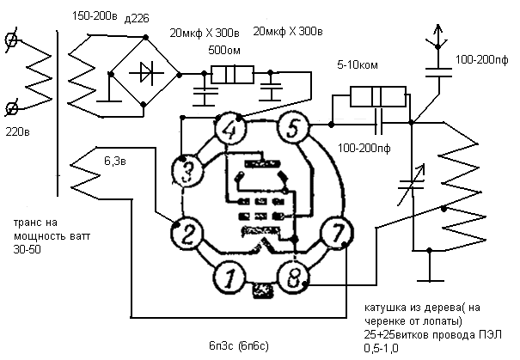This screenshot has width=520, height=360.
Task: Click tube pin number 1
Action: coord(229,278)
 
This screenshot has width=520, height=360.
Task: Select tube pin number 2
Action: coord(187,234)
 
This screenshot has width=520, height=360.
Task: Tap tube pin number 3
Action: coord(187,171)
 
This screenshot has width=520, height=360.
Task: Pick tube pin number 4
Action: coord(230,129)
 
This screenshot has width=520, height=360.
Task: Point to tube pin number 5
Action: coord(293,128)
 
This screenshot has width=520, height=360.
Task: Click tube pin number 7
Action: coord(337,233)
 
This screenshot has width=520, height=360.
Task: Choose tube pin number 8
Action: coord(293,278)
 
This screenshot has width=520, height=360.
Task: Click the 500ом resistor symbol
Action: coord(233,75)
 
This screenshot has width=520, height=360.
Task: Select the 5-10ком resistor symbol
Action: coord(378,96)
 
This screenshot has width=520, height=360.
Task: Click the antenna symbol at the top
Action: coord(437,36)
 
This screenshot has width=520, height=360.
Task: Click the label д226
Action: coord(137,19)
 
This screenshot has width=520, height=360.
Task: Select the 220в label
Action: coord(17,132)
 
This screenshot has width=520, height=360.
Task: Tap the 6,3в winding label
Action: coord(115,162)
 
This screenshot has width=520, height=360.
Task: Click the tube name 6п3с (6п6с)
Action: coord(239,346)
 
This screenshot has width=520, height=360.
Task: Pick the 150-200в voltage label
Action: coord(95,16)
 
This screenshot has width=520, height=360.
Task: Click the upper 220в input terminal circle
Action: coord(12,40)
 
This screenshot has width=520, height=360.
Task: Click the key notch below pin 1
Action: coord(263,290)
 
